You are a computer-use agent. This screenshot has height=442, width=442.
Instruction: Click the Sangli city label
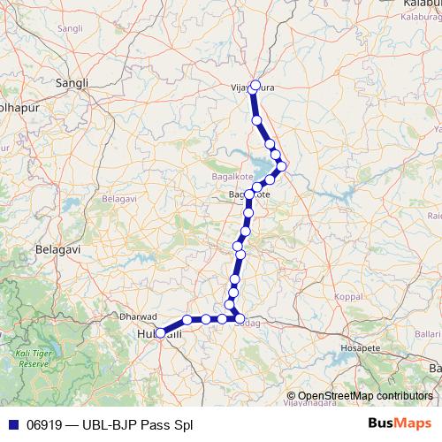[72, 83]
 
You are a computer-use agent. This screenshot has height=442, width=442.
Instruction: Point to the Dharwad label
[138, 316]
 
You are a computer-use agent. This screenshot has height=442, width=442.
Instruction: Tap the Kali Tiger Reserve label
[34, 359]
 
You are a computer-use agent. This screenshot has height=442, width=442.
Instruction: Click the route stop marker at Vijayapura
[255, 86]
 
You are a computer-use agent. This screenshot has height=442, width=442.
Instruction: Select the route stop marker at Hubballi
[160, 334]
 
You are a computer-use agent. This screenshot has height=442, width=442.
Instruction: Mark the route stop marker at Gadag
[240, 318]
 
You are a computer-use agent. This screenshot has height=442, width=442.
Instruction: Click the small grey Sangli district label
[69, 28]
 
